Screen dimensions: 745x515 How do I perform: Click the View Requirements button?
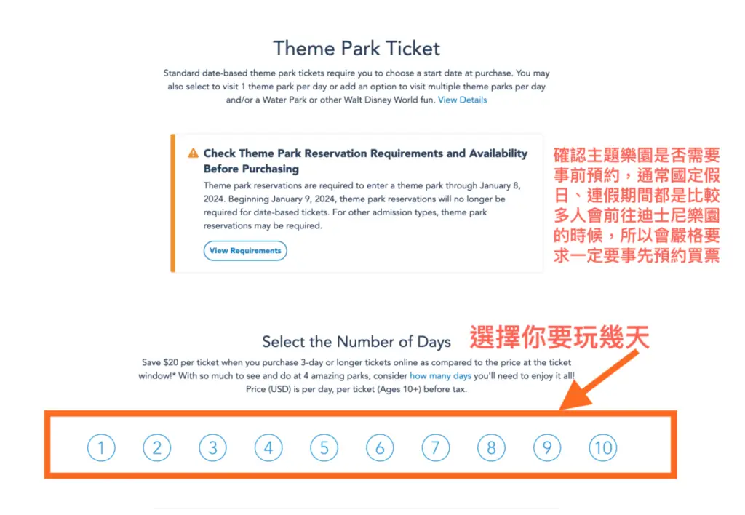pos(245,251)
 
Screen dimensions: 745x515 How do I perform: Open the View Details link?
pos(462,100)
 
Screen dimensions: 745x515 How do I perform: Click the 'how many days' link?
pos(440,376)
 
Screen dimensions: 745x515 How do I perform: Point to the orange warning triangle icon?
pos(193,153)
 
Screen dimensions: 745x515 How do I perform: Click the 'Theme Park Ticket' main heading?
pos(356,49)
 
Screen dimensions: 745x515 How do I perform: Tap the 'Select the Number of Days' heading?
pos(356,342)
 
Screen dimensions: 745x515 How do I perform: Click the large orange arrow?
pos(599,380)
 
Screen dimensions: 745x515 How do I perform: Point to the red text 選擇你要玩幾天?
pos(559,338)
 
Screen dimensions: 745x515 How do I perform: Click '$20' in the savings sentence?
pos(170,362)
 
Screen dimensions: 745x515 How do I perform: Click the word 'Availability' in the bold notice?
pos(498,153)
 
